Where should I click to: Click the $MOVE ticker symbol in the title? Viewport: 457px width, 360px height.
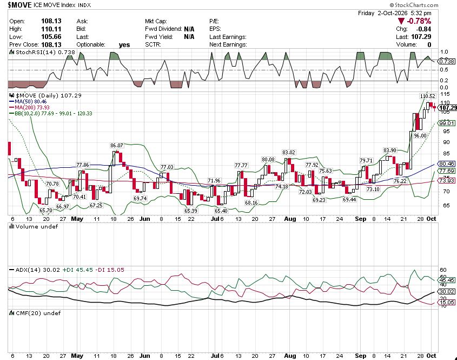tap(19, 5)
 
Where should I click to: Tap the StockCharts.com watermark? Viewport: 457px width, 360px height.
tap(414, 5)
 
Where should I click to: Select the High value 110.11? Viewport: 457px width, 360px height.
tap(51, 29)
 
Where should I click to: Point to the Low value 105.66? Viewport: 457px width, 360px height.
tap(51, 37)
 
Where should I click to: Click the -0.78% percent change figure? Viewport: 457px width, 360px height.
tap(419, 21)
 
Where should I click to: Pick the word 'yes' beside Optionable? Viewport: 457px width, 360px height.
tap(124, 45)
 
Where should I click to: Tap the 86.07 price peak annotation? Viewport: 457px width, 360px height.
tap(117, 145)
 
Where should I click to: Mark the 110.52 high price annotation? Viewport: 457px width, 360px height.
tap(428, 96)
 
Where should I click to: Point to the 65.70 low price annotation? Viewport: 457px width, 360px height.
tap(46, 211)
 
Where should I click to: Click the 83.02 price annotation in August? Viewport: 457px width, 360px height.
tap(289, 152)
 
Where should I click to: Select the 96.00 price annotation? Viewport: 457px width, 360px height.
tap(420, 136)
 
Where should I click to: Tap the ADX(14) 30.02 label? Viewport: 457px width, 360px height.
tap(35, 270)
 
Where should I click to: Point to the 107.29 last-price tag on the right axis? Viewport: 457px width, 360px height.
tap(448, 108)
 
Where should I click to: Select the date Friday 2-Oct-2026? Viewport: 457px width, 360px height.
tap(382, 13)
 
